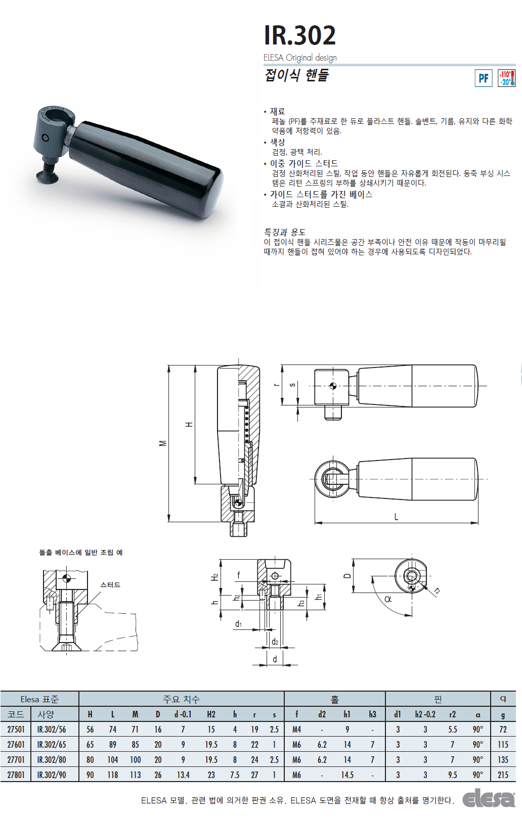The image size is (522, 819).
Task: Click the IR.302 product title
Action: click(x=299, y=35)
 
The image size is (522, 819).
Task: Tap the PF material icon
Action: click(x=483, y=78)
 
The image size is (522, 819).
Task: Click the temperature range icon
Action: click(x=507, y=78)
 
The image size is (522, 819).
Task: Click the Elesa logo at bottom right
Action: click(x=488, y=800)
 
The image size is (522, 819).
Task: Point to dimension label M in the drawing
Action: click(x=163, y=443)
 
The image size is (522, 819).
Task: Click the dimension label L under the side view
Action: click(x=396, y=517)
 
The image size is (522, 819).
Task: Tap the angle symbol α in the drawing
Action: click(x=388, y=599)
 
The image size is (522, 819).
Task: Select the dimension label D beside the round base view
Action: click(x=347, y=575)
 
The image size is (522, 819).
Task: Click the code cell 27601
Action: click(x=16, y=745)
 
